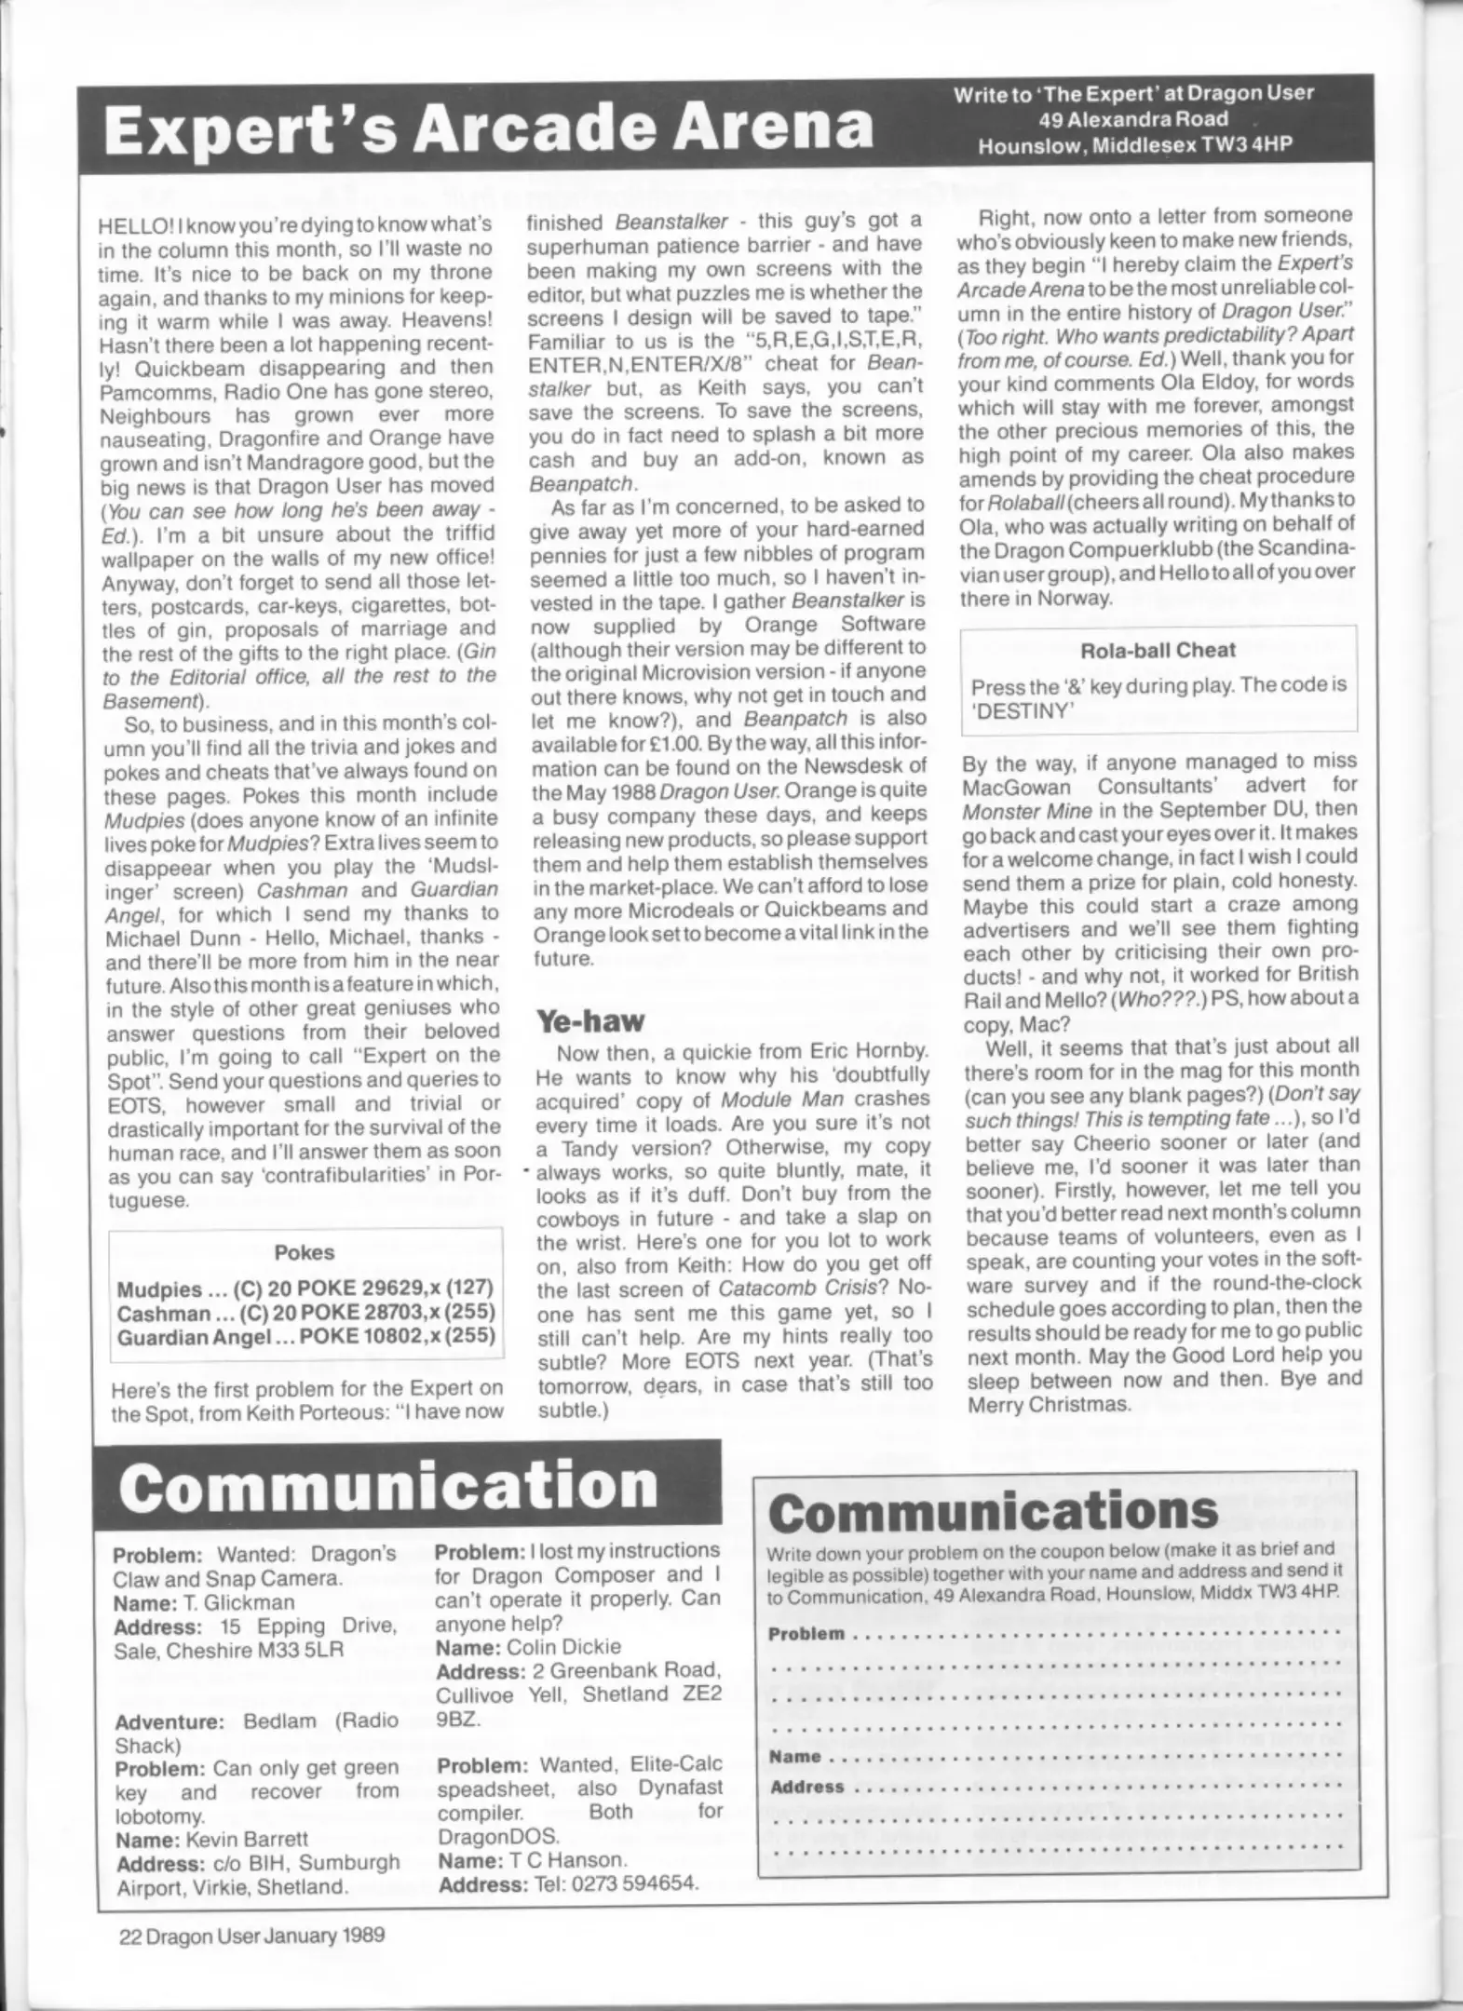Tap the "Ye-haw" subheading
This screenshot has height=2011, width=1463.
(589, 1021)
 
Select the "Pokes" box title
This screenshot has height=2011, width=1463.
(305, 1252)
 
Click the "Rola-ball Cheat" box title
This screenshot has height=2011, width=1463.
(1158, 650)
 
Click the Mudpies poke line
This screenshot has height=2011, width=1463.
(305, 1289)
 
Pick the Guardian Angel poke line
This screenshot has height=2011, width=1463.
(305, 1338)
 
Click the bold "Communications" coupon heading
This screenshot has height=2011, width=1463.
(993, 1511)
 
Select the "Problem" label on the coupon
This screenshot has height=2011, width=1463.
(806, 1634)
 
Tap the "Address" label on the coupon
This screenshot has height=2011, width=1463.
(806, 1787)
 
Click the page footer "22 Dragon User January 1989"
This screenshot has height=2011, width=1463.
(251, 1936)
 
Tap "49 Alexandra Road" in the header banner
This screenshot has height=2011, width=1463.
(1132, 119)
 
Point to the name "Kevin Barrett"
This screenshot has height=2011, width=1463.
(246, 1839)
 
